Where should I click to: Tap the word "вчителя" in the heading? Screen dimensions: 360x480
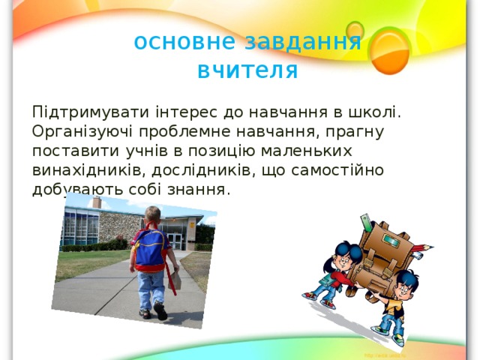pos(247,70)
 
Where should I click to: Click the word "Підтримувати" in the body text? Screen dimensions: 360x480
pos(88,112)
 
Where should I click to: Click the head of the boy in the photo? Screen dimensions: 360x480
pos(153,215)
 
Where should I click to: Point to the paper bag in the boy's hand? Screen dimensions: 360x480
pos(172,281)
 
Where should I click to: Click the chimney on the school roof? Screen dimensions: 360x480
pos(96,202)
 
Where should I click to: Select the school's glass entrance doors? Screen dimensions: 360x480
pos(174,241)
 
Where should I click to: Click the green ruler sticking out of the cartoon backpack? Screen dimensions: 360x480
pos(367,223)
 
